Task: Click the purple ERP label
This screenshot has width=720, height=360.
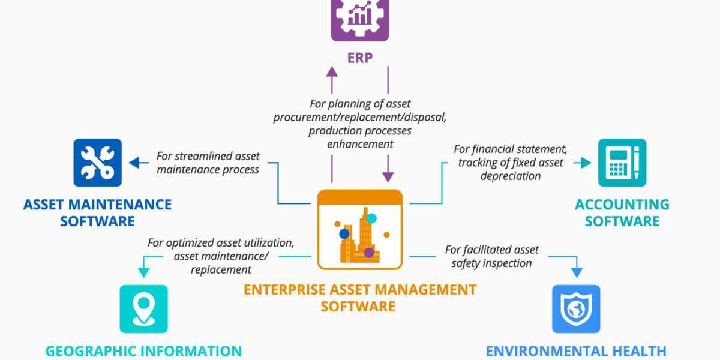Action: [x=360, y=58]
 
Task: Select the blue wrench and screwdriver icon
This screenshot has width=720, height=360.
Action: [x=98, y=163]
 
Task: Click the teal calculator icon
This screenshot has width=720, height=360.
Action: [x=622, y=163]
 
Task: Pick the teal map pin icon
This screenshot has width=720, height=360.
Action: [x=143, y=309]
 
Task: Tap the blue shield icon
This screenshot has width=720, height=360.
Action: [x=576, y=309]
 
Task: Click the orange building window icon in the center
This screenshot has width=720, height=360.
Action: [x=359, y=230]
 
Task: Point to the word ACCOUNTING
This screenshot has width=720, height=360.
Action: [x=622, y=205]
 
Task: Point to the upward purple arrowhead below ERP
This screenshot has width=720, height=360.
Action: [x=332, y=71]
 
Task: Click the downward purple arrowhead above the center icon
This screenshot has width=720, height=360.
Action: [x=388, y=176]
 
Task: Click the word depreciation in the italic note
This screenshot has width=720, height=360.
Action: [x=511, y=176]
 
